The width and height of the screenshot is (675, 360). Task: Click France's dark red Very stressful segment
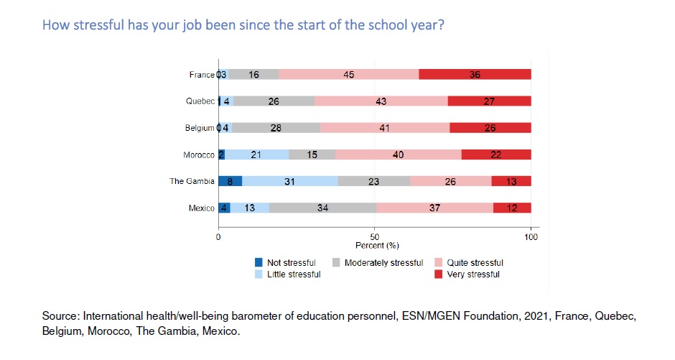(475, 75)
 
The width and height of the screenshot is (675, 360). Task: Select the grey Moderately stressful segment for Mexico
(322, 208)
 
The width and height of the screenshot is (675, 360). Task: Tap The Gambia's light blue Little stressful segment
(289, 182)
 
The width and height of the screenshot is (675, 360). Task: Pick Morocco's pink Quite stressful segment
(398, 154)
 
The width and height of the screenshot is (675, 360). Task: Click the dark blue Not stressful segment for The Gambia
(230, 182)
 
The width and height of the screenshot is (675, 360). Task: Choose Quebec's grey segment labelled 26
(274, 101)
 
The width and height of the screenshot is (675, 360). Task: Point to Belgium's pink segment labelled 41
(385, 128)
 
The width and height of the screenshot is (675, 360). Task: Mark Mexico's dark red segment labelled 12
(512, 208)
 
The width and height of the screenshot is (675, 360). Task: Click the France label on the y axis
(202, 75)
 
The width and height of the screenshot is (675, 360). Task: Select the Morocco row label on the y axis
(199, 154)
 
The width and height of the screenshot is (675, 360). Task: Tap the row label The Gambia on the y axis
(192, 182)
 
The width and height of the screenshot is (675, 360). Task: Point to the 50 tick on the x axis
(374, 236)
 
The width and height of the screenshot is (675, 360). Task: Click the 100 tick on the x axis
(531, 236)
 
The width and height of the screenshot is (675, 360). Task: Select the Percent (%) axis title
(377, 246)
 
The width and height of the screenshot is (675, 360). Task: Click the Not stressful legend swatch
(259, 263)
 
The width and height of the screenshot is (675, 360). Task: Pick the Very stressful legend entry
(473, 274)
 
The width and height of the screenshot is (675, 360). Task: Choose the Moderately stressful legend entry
(383, 263)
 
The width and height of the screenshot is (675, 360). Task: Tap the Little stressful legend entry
(294, 274)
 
